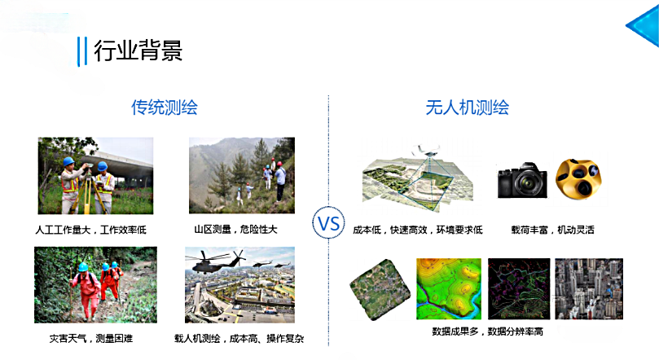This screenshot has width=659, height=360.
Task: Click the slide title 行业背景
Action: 138,50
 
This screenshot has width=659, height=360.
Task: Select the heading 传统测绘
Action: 165,107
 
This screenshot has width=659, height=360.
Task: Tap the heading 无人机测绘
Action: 467,107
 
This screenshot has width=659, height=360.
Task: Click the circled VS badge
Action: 328,223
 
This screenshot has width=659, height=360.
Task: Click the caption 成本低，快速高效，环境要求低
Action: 418,230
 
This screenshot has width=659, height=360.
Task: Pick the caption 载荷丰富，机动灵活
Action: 552,230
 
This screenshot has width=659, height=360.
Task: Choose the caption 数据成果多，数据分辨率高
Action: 487,332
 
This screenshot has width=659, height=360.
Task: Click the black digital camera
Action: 522,180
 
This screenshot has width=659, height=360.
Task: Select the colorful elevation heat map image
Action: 449,288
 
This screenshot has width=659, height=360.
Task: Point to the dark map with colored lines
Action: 517,288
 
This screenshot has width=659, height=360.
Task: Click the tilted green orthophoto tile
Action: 377,289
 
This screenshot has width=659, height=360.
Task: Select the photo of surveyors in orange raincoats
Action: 95,285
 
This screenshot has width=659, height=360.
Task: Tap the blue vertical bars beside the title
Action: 81,50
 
